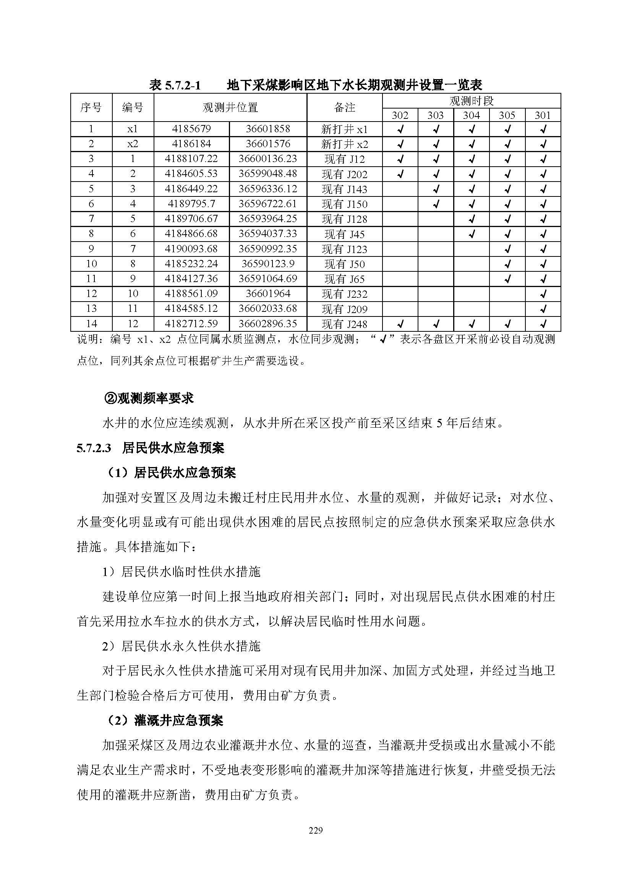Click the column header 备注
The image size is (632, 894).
point(344,107)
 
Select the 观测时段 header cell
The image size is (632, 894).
point(471,101)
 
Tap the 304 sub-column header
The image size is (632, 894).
point(471,115)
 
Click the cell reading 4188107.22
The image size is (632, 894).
point(191,159)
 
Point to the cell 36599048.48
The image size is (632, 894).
point(268,174)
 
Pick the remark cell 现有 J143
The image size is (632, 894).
point(344,189)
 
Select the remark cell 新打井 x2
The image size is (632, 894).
point(344,144)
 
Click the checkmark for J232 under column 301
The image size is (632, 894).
point(543,294)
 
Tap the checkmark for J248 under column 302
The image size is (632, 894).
point(400,324)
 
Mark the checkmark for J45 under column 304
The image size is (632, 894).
point(471,234)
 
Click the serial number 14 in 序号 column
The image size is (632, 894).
point(91,324)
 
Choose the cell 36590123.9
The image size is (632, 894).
point(268,264)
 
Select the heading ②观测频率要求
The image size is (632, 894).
point(149,398)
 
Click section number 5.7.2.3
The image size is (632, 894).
point(94,448)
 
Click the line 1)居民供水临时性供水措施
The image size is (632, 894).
point(181,572)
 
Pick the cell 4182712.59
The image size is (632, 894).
point(191,324)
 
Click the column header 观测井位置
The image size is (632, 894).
point(230,107)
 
